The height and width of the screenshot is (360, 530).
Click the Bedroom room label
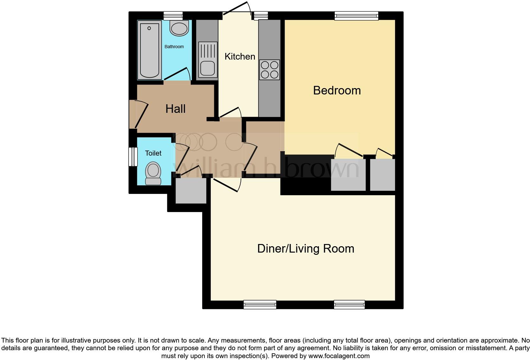337,91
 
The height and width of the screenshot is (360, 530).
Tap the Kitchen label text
240,56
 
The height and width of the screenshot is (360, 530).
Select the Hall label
175,109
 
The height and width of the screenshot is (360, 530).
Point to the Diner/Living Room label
306,248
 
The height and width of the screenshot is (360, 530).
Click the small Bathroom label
174,47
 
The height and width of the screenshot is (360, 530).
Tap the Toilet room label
153,153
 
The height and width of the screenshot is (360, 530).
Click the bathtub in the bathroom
149,50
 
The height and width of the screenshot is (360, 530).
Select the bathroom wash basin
179,28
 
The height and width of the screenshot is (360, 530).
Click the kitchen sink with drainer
207,60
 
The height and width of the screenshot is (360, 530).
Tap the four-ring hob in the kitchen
269,70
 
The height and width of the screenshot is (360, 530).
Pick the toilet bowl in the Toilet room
153,173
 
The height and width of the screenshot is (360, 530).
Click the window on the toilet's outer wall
133,157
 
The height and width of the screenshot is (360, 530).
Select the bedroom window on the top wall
357,16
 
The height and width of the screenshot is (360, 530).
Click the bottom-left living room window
260,305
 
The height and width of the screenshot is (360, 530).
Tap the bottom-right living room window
349,305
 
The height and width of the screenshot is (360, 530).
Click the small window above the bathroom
173,16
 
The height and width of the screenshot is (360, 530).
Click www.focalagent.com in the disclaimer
339,356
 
